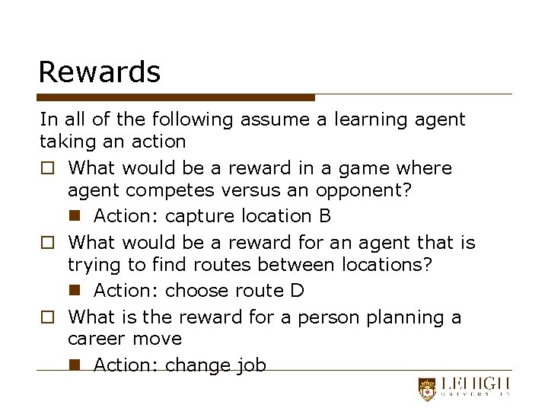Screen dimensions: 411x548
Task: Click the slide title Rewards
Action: click(x=100, y=72)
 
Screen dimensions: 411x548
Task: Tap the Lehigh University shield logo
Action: click(x=428, y=389)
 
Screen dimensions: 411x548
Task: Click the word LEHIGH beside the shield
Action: click(x=473, y=385)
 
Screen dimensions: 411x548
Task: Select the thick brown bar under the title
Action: click(x=177, y=97)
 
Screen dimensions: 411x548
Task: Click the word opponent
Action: click(x=369, y=191)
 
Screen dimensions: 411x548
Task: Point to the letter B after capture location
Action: click(x=325, y=216)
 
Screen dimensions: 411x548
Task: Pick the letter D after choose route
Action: click(x=298, y=291)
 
